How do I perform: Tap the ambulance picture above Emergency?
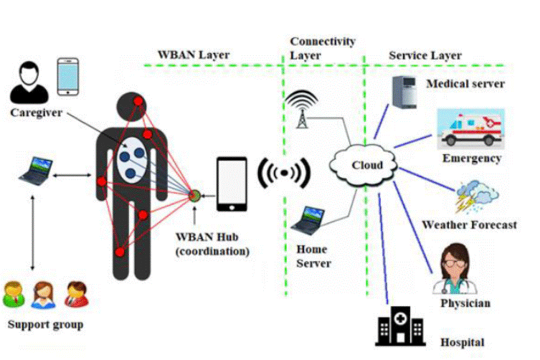(x=470, y=129)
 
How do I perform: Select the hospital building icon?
(x=400, y=326)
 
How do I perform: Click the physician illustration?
(x=455, y=270)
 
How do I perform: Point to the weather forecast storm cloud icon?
(x=477, y=196)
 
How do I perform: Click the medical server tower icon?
(x=404, y=92)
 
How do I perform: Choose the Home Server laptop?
(x=308, y=221)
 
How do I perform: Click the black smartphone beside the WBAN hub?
(x=232, y=184)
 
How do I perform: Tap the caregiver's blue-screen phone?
(x=68, y=77)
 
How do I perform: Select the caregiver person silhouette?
(x=29, y=82)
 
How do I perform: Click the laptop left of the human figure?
(x=36, y=171)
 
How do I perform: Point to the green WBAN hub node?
(x=194, y=196)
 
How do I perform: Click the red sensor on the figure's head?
(x=138, y=101)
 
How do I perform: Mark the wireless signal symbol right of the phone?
(x=284, y=173)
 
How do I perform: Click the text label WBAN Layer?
(x=194, y=55)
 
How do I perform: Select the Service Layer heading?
(x=425, y=55)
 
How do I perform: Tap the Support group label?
(x=45, y=325)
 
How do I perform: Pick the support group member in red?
(x=77, y=294)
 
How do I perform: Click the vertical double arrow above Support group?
(x=33, y=233)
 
